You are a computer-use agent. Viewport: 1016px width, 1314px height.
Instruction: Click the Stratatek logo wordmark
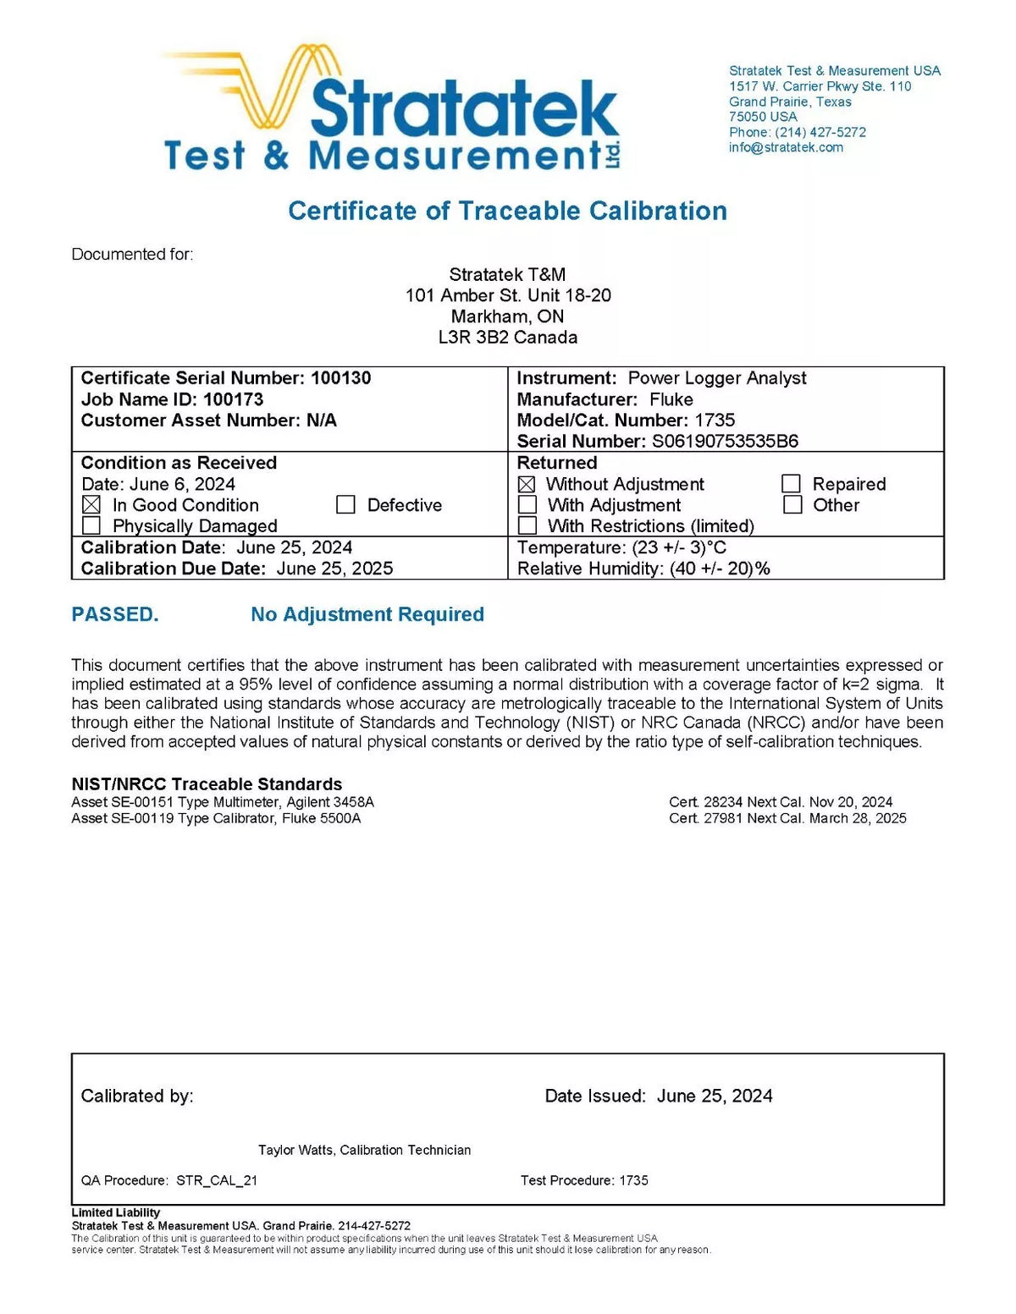(464, 110)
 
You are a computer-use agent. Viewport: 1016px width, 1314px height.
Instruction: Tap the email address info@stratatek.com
(786, 147)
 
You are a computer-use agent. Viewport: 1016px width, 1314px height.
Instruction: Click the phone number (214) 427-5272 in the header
(820, 132)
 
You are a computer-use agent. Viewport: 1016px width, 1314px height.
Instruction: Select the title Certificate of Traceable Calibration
(507, 211)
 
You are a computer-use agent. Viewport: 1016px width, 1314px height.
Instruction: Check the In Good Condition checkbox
(91, 505)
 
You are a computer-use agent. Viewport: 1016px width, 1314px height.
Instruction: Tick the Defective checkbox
(345, 505)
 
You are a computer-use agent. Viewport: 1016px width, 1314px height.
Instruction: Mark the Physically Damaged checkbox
(91, 526)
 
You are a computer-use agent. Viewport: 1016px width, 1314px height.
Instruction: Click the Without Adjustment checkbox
(527, 484)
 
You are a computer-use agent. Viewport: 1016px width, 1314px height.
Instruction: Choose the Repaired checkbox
(792, 484)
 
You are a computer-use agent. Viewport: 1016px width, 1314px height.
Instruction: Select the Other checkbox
(792, 505)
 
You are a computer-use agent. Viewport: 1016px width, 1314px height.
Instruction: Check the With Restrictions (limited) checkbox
(527, 526)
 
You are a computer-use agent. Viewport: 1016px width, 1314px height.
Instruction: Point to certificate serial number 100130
(340, 378)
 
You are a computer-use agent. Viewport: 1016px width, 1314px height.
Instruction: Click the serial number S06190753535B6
(725, 441)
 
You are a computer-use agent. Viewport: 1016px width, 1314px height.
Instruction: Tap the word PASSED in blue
(115, 614)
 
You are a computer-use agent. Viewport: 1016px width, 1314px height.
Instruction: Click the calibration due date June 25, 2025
(334, 569)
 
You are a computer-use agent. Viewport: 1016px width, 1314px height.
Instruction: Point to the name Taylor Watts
(296, 1150)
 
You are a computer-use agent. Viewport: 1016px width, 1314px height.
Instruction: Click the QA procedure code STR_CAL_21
(217, 1180)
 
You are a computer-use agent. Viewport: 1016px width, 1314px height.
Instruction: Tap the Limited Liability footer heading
(116, 1212)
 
